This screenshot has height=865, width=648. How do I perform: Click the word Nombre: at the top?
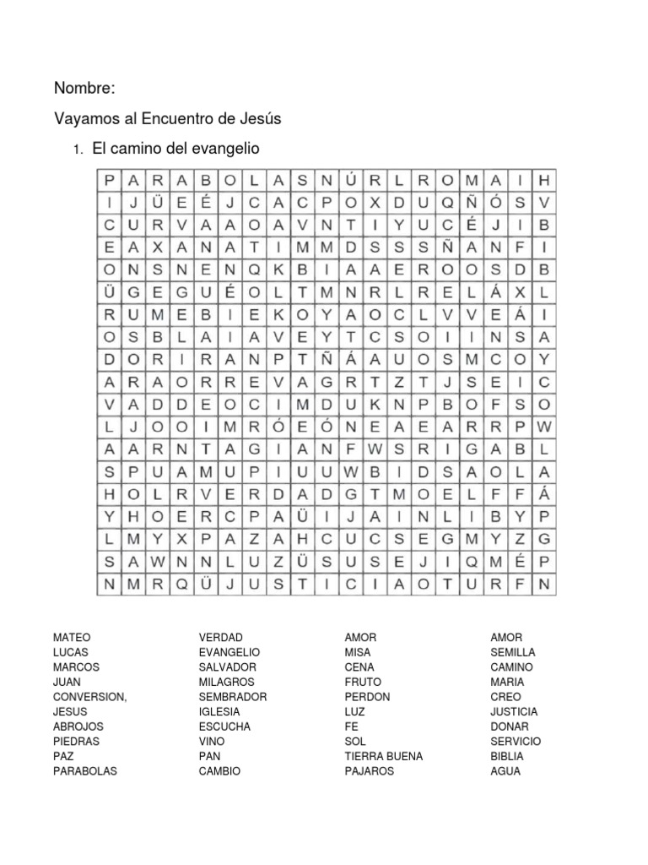(x=84, y=88)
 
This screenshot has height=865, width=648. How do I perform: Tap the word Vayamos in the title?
(x=84, y=119)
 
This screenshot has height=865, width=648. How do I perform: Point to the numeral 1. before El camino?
(x=77, y=150)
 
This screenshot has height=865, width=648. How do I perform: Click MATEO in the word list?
(x=72, y=637)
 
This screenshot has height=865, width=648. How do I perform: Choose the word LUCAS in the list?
(x=71, y=652)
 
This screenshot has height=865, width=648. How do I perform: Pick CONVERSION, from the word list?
(x=90, y=697)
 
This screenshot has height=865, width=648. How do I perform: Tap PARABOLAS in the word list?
(x=85, y=771)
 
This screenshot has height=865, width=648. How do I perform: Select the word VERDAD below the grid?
(x=221, y=637)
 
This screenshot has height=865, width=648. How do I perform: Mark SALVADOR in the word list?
(x=228, y=667)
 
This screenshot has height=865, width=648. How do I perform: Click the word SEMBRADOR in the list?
(x=233, y=697)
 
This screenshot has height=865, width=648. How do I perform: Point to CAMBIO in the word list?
(x=219, y=771)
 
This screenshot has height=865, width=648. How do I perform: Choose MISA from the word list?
(x=358, y=652)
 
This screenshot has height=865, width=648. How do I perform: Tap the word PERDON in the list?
(x=368, y=697)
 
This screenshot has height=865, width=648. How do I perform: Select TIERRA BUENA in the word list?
(x=384, y=756)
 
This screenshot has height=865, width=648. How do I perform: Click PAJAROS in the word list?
(x=370, y=771)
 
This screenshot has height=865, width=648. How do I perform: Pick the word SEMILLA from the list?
(x=513, y=652)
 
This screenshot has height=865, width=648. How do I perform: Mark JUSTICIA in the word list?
(x=514, y=711)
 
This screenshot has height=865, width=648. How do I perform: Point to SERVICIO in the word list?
(x=516, y=742)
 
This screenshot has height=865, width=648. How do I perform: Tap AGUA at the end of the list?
(x=505, y=771)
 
